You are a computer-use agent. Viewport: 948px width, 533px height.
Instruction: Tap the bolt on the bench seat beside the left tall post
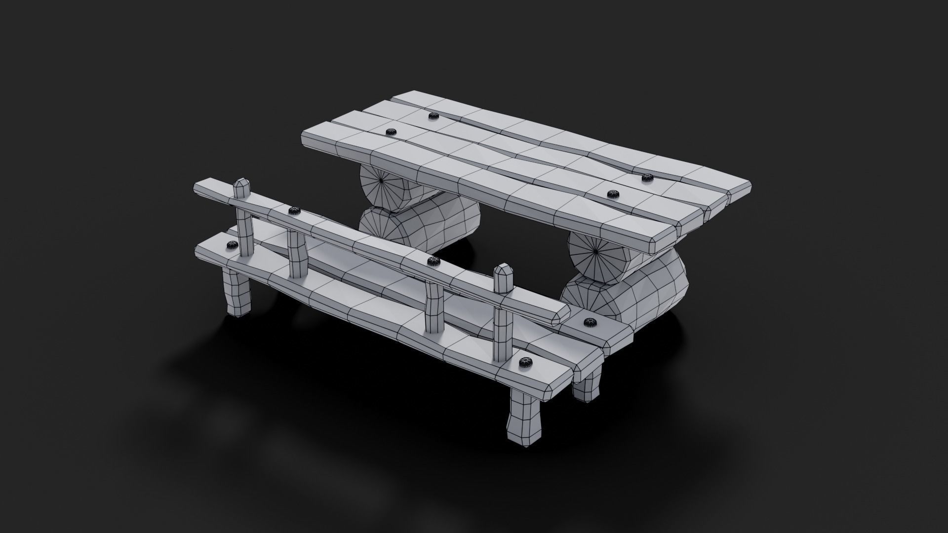point(232,245)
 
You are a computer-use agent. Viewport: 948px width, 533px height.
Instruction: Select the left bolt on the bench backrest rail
point(294,211)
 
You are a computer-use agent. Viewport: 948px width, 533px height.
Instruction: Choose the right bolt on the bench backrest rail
point(434,261)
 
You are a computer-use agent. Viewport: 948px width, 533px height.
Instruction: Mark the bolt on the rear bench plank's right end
point(589,323)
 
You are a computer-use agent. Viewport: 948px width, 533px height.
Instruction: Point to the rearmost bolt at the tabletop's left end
point(434,116)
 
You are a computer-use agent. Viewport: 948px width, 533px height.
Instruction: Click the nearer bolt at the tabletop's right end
point(614,194)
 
